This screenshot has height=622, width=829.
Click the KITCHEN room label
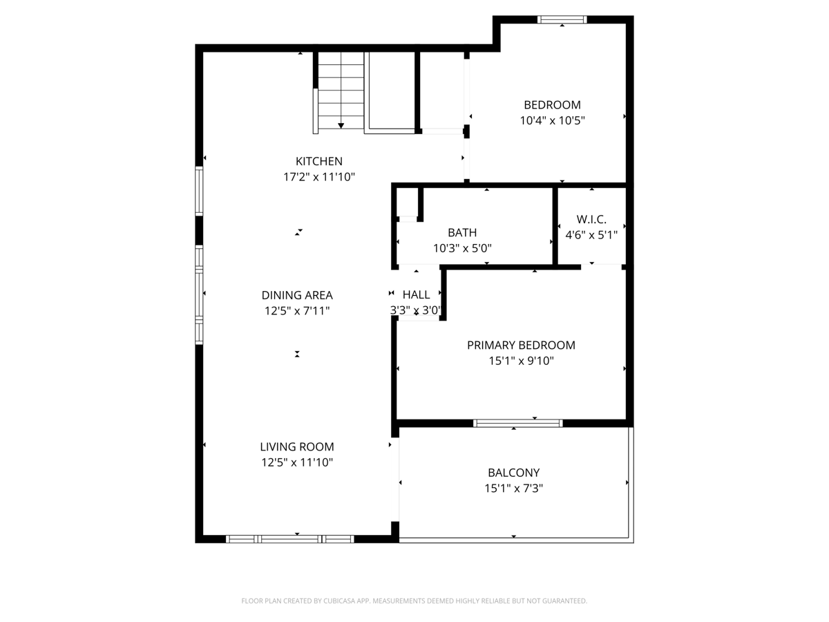coord(319,161)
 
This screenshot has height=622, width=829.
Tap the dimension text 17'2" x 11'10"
coord(319,177)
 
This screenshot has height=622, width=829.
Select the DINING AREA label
coord(297,295)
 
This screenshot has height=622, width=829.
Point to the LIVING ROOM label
coord(297,446)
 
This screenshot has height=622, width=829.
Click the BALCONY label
coord(513,473)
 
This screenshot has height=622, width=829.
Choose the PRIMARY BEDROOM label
coord(521,345)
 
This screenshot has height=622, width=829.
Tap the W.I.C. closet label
coord(591,219)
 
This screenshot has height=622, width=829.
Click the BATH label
coord(462,233)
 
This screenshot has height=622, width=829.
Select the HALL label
coord(416,294)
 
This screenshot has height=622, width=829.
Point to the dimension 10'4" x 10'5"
coord(552,120)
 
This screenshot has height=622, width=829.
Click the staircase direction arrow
coord(341,125)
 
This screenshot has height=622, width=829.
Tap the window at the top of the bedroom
coord(562,19)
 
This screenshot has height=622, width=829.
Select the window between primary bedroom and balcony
coord(517,423)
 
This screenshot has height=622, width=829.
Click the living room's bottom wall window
coord(290,539)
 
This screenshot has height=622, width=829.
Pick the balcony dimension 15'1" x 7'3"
coord(513,489)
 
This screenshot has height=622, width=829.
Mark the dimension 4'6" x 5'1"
coord(591,234)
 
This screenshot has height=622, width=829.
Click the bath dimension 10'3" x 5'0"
coord(462,248)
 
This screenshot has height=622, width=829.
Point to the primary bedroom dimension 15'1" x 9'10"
coord(521,361)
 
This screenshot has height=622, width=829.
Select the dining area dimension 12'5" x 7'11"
coord(297,311)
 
